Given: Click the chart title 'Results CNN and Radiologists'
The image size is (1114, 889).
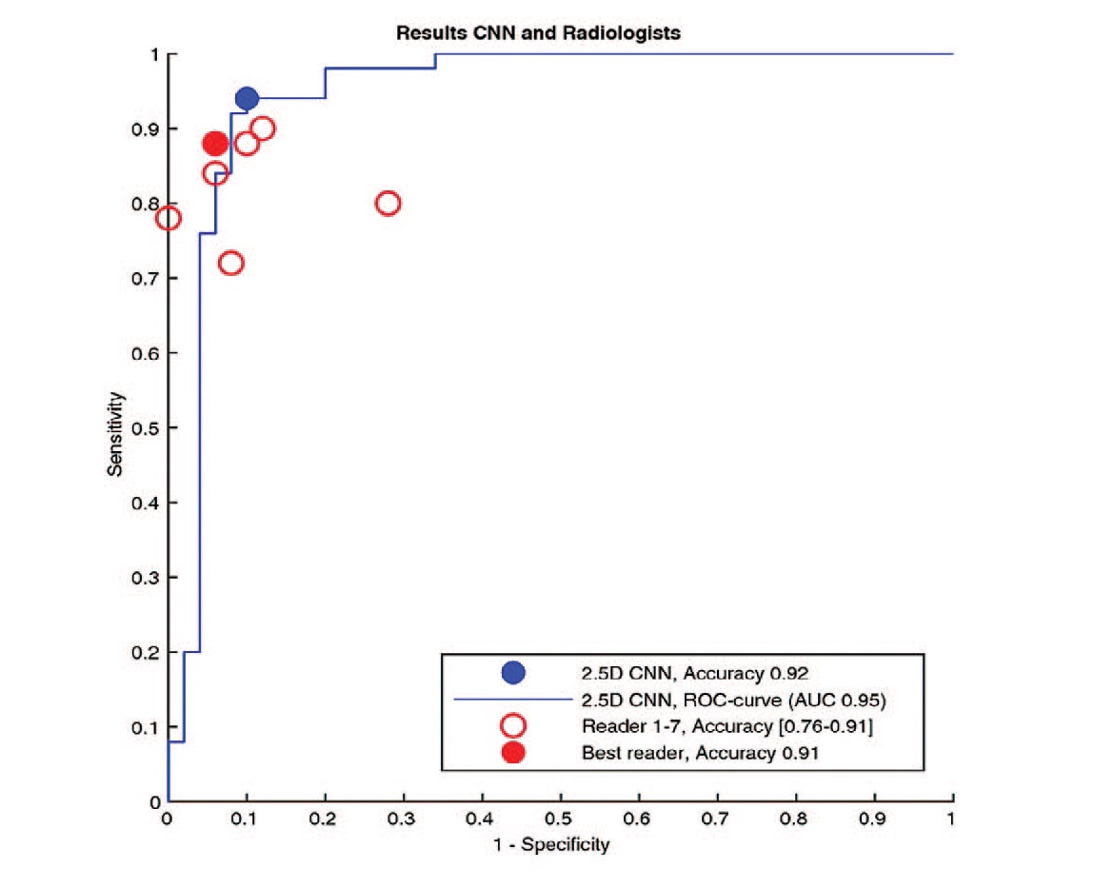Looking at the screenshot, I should [x=539, y=33].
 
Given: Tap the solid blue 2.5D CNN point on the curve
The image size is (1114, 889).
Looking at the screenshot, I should [x=247, y=98].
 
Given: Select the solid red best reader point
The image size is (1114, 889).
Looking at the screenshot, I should [x=215, y=144].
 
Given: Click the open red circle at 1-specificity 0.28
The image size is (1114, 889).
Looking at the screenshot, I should [x=388, y=204].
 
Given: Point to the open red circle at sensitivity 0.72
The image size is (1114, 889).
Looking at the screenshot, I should [x=230, y=264].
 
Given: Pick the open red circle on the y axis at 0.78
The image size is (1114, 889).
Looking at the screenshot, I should [x=169, y=218].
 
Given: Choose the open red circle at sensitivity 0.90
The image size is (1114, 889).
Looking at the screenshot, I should [x=263, y=128].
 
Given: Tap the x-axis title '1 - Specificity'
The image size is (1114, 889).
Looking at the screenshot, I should [x=560, y=844].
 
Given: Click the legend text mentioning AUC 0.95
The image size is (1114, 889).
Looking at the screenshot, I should [x=733, y=701].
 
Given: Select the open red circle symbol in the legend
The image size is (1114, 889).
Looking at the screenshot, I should [x=513, y=726].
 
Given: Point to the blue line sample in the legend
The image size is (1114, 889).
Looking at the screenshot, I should [x=513, y=701].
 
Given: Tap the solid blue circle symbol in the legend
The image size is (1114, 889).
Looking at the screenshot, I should [x=513, y=673].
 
